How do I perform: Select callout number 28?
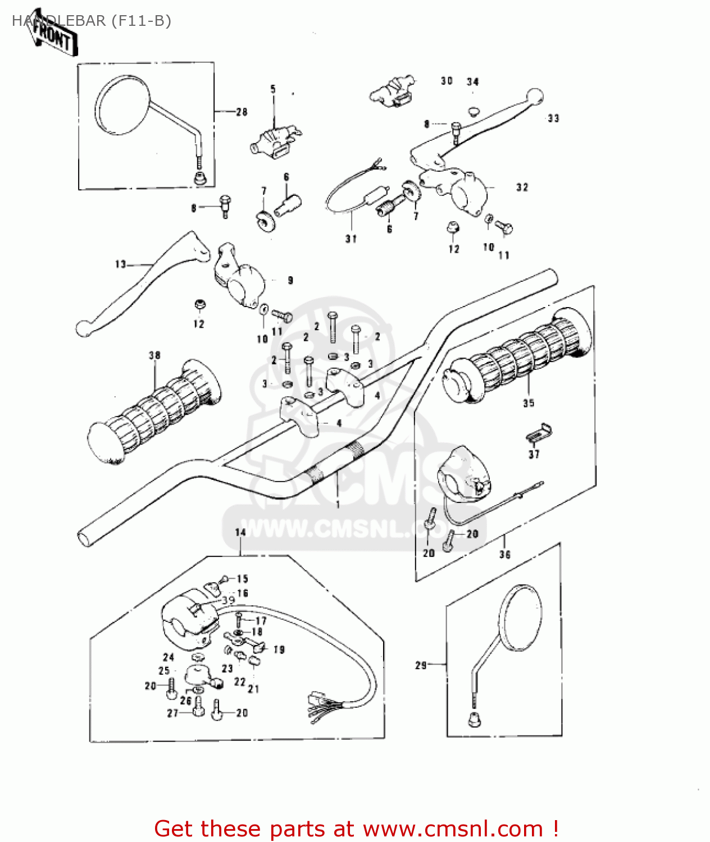click(x=242, y=112)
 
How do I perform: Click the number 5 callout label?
click(x=273, y=89)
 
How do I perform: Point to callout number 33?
click(x=553, y=118)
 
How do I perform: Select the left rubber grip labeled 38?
click(x=154, y=410)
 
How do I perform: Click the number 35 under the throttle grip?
click(x=528, y=403)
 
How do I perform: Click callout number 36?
click(x=504, y=555)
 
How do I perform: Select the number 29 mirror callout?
click(x=421, y=665)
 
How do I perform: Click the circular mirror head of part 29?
click(x=521, y=617)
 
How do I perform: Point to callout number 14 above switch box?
click(x=240, y=532)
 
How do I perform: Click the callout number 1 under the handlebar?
click(x=338, y=504)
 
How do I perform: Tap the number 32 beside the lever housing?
click(x=522, y=187)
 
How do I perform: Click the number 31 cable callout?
click(x=351, y=239)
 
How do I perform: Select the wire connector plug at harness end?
click(x=316, y=700)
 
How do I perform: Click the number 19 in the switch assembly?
click(x=279, y=649)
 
